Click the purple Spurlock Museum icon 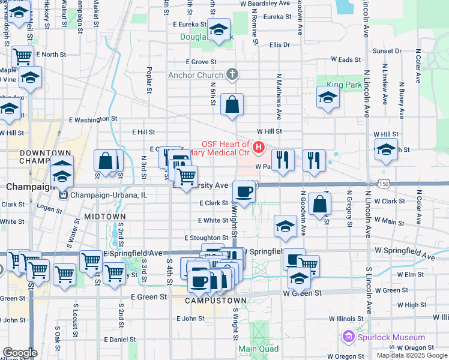(x=348, y=337)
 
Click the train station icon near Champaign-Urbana (x=62, y=195)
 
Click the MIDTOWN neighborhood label (x=104, y=216)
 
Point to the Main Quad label (x=259, y=349)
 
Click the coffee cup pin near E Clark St (x=244, y=192)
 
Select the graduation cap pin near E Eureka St (x=220, y=29)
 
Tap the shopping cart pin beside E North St (x=22, y=57)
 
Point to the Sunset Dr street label (x=382, y=50)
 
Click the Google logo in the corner (x=20, y=353)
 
